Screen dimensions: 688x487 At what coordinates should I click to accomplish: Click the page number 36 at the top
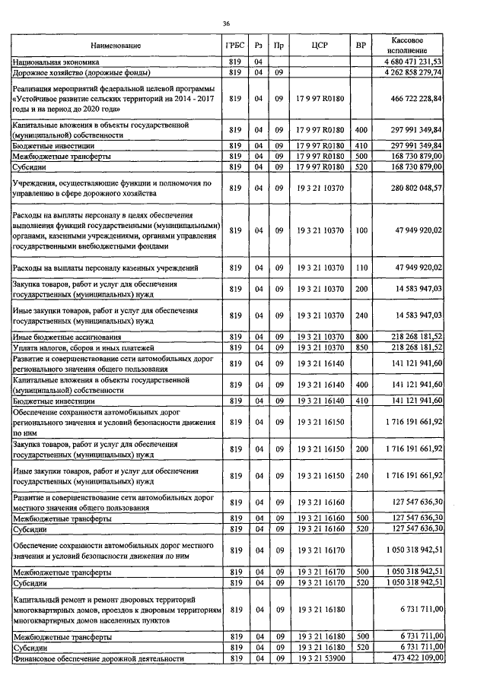[226, 24]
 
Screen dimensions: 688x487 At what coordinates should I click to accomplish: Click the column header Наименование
[116, 46]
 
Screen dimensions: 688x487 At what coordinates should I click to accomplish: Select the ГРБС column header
[234, 46]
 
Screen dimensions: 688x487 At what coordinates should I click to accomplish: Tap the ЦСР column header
[320, 46]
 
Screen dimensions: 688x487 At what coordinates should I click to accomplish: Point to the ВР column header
[361, 46]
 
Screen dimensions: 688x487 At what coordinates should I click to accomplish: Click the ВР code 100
[361, 230]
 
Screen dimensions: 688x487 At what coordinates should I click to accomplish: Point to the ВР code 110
[361, 268]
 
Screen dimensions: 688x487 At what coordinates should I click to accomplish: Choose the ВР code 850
[361, 347]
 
